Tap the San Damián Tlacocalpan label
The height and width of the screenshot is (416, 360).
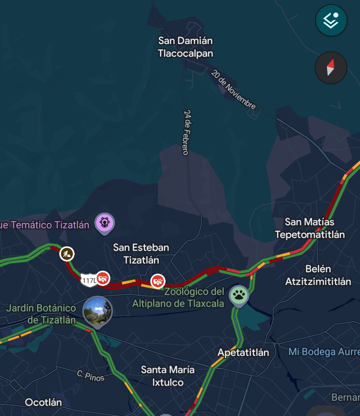coord(185,47)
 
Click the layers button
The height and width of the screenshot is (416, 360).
coord(331,20)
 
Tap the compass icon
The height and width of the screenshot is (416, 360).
coord(331,68)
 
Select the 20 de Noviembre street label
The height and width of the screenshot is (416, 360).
coord(233,90)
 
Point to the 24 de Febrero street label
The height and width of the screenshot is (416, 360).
coord(186,132)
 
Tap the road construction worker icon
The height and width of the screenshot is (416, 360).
coord(67,254)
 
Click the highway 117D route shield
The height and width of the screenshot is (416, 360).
coord(88,280)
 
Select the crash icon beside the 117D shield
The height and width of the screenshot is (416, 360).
coord(103,278)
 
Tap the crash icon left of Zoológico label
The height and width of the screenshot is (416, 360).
coord(157,281)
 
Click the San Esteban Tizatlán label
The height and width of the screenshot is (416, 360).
coord(141,254)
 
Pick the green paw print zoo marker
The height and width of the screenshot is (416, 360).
coord(239,295)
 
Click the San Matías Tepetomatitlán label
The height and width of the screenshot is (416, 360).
coord(310,228)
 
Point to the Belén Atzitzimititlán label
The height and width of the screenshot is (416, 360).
coord(318,275)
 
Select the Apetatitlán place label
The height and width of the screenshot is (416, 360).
coord(243,353)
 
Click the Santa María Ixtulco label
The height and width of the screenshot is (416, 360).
coord(168,376)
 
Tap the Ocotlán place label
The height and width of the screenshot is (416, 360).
coord(43,402)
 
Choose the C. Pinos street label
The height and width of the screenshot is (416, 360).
coord(91,376)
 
